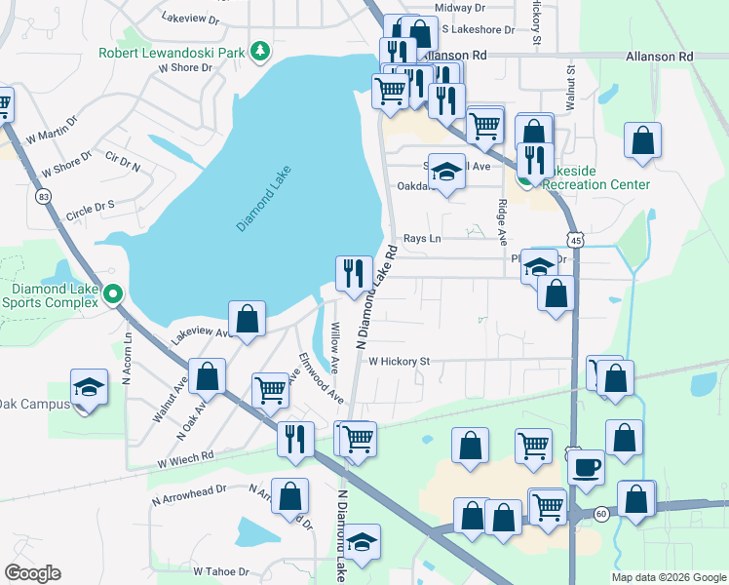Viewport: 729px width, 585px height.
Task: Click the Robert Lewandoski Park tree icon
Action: click(x=259, y=50)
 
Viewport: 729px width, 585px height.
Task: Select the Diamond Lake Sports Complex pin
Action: click(x=114, y=292)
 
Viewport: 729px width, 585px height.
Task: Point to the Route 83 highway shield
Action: click(x=42, y=196)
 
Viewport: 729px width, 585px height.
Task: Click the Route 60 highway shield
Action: click(x=601, y=514)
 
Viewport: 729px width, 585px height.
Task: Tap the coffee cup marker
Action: click(x=586, y=467)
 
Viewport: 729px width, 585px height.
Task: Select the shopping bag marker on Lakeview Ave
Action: click(x=247, y=318)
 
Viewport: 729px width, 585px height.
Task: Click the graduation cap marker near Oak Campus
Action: click(x=89, y=387)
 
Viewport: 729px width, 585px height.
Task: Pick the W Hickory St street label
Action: click(x=399, y=362)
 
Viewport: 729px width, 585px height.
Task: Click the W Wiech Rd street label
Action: click(x=183, y=456)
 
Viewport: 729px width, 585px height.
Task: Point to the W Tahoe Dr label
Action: click(x=223, y=571)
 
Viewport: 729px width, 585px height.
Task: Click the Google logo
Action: click(x=32, y=573)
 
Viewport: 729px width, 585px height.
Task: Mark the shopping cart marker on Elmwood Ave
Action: click(x=270, y=390)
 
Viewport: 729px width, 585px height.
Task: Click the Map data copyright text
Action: click(x=668, y=577)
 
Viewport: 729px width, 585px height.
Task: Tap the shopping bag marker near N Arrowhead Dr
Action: click(x=290, y=495)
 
